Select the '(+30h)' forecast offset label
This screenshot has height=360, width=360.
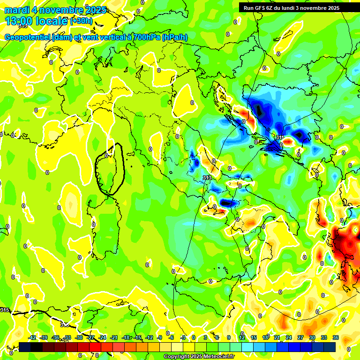(x=81, y=21)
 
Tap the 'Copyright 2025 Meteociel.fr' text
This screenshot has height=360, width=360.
(x=199, y=357)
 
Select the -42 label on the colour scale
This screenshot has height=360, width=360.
(x=32, y=337)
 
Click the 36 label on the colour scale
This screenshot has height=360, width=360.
(x=335, y=337)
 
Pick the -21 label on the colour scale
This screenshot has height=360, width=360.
(x=114, y=337)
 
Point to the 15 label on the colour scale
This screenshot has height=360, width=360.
(x=254, y=337)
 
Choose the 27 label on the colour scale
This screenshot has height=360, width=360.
(x=300, y=337)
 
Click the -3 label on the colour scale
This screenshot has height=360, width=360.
(x=183, y=337)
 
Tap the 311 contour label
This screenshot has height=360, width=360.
(x=280, y=137)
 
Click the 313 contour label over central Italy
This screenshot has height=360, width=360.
(x=207, y=177)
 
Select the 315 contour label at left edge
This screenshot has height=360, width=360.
(x=4, y=310)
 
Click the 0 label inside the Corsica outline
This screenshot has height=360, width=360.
(x=106, y=156)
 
